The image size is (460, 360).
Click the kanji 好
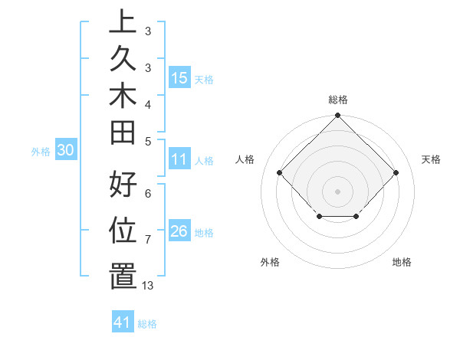pos(123,186)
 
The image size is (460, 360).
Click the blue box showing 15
pos(179,77)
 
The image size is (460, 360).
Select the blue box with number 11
pos(179,159)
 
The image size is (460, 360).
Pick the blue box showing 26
pos(179,231)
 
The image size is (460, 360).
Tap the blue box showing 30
pos(65,151)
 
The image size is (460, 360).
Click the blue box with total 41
pos(123,322)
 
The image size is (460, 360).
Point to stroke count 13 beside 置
pos(148,286)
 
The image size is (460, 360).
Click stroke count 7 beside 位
pos(148,240)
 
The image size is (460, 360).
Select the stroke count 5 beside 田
pos(148,141)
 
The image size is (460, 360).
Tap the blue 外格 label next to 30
pos(41,152)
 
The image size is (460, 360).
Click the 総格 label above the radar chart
pos(338,100)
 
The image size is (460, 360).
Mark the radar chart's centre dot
pos(337,191)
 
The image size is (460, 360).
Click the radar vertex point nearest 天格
pos(396,172)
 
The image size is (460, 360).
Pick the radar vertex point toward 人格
pos(280,172)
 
